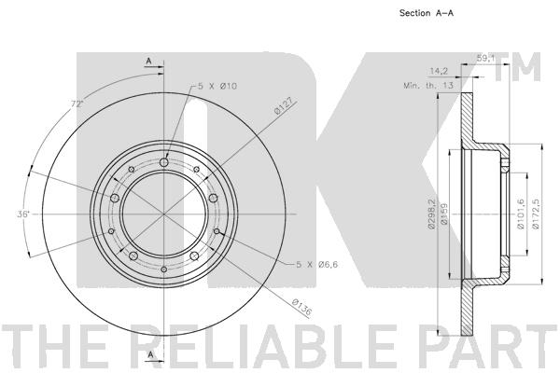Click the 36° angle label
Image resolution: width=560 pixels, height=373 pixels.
23,214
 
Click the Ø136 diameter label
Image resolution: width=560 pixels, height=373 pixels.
301,306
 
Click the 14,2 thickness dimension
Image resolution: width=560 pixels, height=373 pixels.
440,70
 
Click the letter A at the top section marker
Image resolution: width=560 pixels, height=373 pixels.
147,61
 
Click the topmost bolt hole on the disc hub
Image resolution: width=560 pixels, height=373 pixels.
164,163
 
